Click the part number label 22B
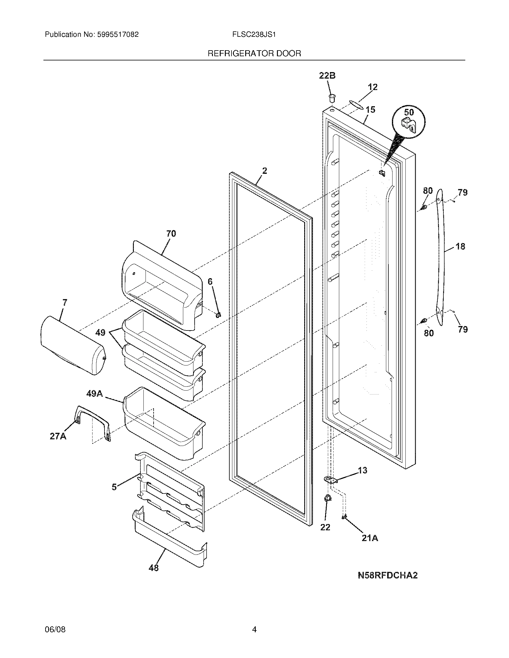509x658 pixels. (327, 76)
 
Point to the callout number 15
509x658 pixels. (370, 110)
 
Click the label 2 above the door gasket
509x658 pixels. (264, 171)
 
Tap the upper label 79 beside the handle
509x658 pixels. (463, 192)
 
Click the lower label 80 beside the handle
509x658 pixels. (428, 333)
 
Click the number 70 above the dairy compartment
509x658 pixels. (171, 234)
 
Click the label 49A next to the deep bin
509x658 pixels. (94, 394)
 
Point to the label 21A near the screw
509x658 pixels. (370, 538)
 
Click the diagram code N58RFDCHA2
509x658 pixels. (387, 575)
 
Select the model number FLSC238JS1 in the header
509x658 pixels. (254, 35)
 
